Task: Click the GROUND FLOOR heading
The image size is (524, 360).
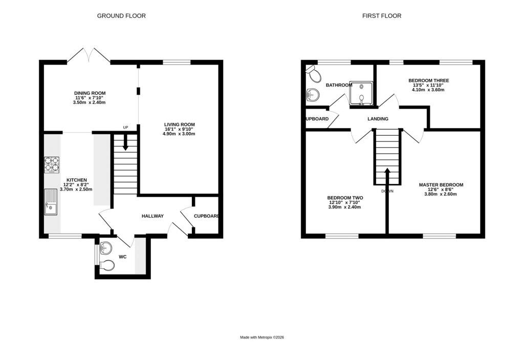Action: click(x=121, y=16)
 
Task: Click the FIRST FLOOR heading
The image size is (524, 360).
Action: click(x=382, y=16)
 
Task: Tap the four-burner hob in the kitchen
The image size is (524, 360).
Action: click(x=52, y=164)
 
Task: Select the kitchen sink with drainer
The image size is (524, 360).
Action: click(x=51, y=202)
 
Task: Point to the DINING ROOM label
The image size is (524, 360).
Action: click(x=90, y=93)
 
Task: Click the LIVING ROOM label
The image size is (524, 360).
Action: click(x=180, y=124)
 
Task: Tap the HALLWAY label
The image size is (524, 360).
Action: click(x=152, y=216)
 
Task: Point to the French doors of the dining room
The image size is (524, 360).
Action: click(x=89, y=55)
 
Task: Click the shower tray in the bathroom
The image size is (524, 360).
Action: click(x=361, y=93)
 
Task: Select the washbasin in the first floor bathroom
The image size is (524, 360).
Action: click(x=313, y=95)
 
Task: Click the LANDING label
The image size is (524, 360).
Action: click(x=378, y=119)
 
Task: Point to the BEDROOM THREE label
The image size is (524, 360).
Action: click(x=429, y=80)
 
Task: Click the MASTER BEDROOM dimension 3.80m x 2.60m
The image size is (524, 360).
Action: click(x=441, y=194)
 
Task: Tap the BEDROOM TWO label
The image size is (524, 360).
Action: click(x=345, y=198)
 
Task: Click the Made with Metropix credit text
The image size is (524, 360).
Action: click(x=262, y=337)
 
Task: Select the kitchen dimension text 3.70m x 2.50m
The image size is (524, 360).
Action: click(x=76, y=189)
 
